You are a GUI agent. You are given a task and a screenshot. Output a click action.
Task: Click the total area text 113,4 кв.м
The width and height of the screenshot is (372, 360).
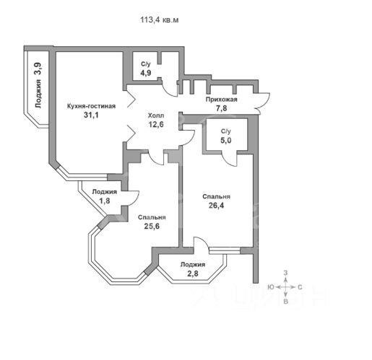160,19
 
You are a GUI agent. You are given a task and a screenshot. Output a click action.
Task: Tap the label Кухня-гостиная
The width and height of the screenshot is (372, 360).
91,106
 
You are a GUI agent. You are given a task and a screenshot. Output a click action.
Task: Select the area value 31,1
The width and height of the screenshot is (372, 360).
91,115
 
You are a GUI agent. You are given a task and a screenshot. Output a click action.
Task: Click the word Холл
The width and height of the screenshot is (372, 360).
156,115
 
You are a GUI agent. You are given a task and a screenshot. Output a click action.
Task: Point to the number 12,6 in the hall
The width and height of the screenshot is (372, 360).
156,124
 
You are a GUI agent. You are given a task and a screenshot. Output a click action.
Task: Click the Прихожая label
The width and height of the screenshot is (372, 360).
221,100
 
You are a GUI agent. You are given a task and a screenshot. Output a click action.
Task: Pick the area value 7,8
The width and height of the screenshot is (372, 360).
221,108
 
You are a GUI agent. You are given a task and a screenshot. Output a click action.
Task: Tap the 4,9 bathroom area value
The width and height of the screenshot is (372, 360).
146,73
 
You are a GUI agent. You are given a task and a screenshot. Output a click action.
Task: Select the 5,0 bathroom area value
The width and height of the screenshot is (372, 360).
226,140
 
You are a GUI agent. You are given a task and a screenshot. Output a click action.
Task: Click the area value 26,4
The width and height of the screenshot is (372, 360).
216,206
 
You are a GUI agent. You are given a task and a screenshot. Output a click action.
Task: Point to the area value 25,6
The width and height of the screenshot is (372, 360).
152,226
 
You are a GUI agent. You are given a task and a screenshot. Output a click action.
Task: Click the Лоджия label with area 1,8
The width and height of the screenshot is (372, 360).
105,192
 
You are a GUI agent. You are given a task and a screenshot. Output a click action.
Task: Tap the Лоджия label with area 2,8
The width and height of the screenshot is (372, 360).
193,265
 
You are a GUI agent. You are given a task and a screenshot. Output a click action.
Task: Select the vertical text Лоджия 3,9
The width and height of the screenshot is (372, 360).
38,85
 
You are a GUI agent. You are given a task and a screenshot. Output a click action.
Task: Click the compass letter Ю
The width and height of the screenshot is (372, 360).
271,287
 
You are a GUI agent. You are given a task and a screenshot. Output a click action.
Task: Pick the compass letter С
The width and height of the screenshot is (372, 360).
300,287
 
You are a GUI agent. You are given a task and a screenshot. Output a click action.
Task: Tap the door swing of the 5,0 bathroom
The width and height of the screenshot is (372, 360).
230,159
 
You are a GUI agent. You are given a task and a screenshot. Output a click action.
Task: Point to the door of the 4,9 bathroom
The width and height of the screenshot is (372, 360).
170,88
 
